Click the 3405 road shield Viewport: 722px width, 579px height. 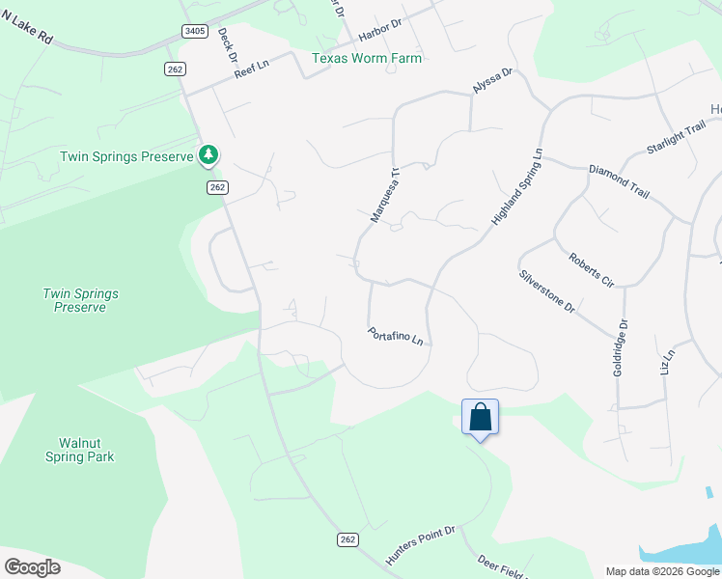[194, 31]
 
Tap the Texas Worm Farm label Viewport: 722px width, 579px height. [367, 58]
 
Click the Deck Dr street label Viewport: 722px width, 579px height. [228, 43]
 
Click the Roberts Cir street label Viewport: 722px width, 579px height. [592, 271]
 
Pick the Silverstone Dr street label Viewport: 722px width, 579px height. [547, 291]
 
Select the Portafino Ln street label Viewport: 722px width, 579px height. [396, 336]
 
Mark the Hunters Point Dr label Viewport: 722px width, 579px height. [420, 545]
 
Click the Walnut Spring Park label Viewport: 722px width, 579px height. [79, 450]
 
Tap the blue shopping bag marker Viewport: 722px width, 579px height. [481, 418]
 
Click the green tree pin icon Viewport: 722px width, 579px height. [208, 154]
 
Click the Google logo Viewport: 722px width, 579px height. [32, 567]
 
